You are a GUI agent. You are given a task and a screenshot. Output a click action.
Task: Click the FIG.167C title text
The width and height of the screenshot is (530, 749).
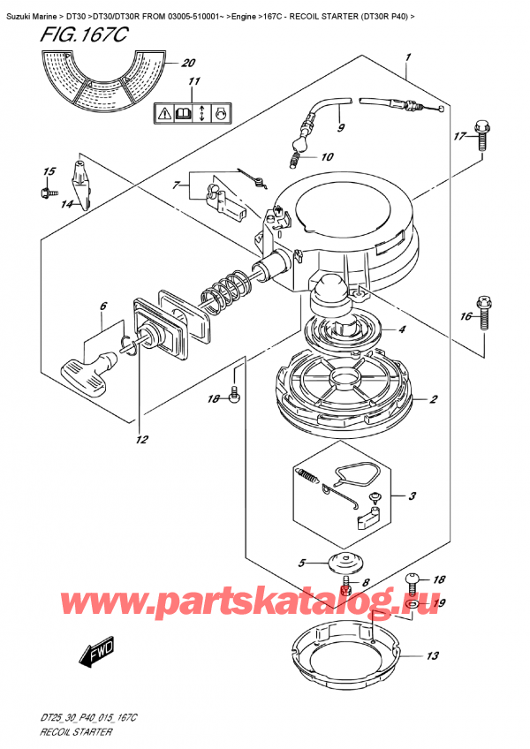(x=71, y=37)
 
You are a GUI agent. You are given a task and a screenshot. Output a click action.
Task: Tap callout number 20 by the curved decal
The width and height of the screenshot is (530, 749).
(x=186, y=63)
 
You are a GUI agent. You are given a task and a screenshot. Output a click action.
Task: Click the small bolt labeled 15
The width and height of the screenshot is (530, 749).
(x=44, y=188)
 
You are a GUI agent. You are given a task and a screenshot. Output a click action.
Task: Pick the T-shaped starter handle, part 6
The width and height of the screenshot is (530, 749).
(x=89, y=364)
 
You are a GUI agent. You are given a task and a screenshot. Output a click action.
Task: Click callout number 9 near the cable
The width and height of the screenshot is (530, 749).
(x=340, y=127)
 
